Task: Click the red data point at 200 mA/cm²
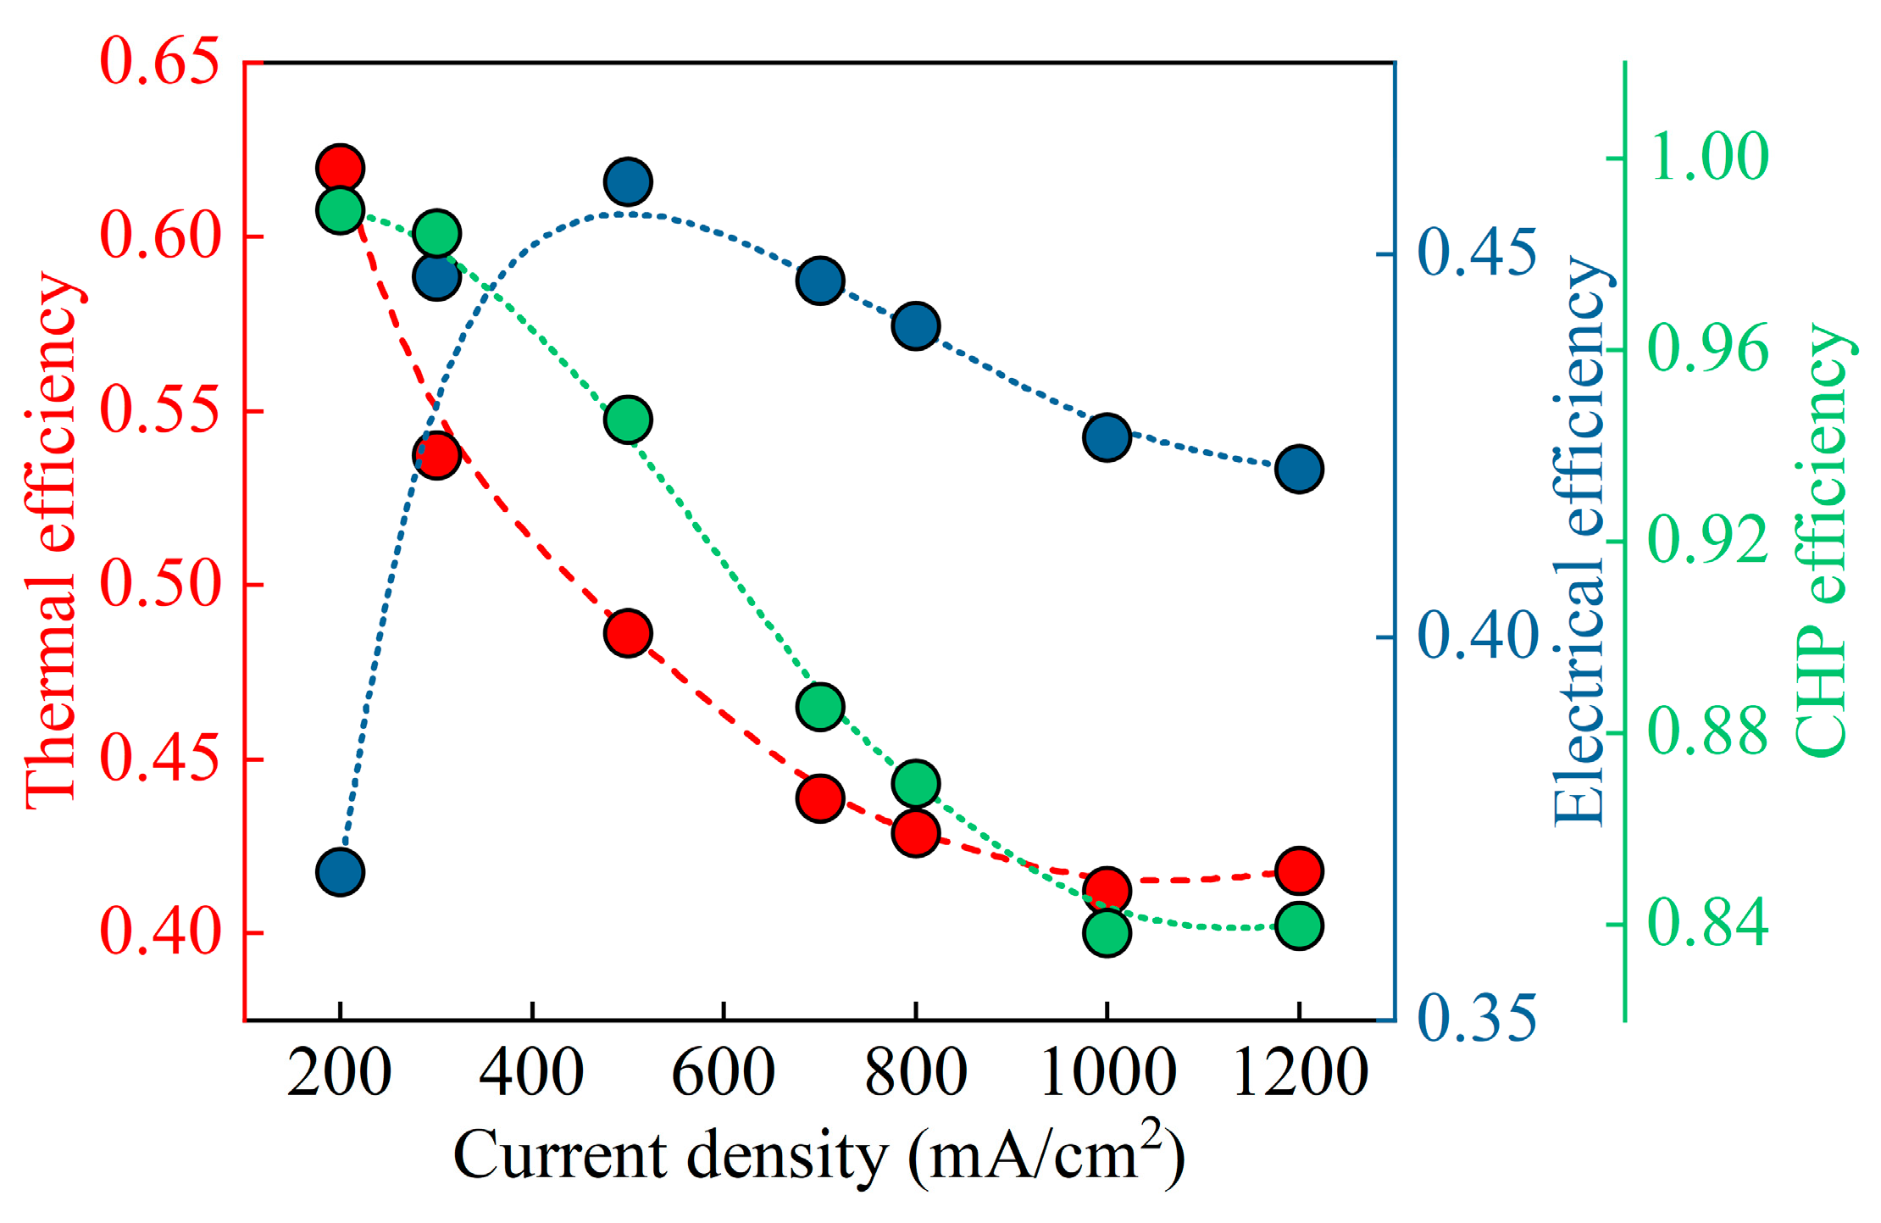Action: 340,168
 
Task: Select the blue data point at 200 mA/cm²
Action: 340,871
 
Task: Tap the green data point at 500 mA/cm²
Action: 628,419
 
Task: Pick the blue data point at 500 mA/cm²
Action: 628,181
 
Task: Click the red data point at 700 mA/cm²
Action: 819,798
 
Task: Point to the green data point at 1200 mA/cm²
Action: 1299,925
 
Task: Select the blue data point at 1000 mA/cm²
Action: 1107,437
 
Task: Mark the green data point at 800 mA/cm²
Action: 915,783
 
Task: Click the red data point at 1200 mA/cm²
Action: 1299,870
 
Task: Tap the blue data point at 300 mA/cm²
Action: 436,276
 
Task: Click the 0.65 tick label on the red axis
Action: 159,62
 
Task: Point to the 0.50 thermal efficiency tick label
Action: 159,585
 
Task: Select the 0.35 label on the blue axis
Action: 1477,1017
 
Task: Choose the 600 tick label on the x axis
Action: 723,1073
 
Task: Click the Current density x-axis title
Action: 819,1154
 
